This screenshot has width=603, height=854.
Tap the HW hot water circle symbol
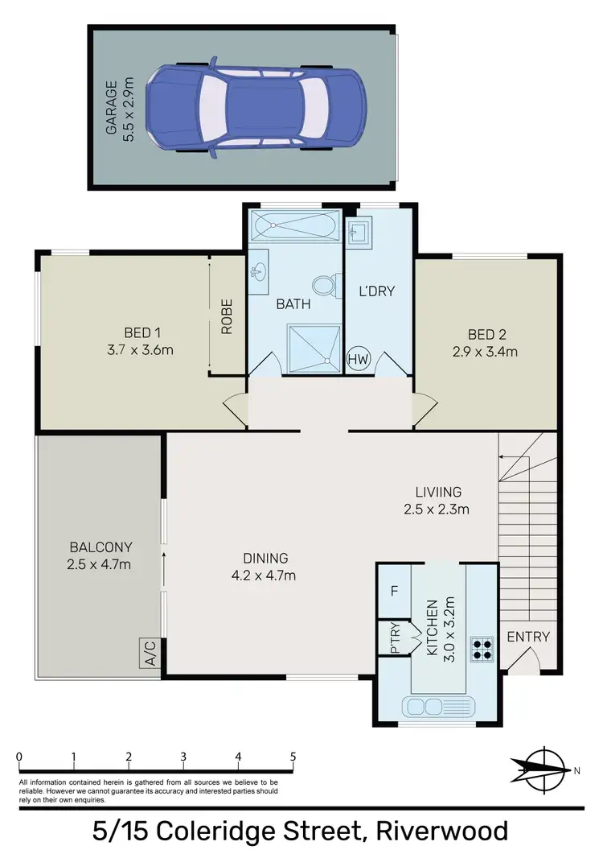click(x=358, y=361)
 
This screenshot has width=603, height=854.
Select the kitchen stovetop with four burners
click(x=482, y=649)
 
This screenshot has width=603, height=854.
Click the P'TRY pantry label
click(x=395, y=638)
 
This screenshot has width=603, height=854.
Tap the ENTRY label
click(x=528, y=637)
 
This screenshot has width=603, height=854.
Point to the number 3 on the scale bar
click(x=183, y=757)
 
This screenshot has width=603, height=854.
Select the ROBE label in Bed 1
click(x=227, y=316)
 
